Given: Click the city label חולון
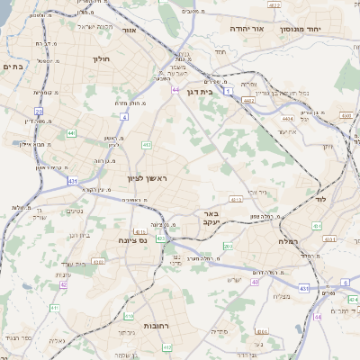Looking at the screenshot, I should pos(99,59).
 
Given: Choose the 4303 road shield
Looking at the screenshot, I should pos(98,261).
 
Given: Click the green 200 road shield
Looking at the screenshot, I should pos(229,247).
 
